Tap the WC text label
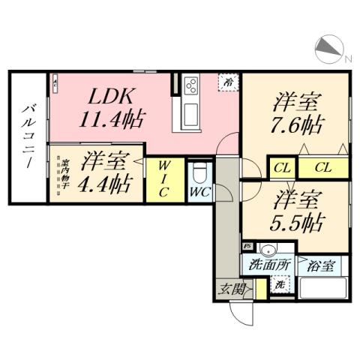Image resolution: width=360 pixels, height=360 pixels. (x=199, y=192)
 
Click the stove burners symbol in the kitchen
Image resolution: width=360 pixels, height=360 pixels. (x=189, y=85)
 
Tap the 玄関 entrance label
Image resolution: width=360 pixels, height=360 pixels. (x=229, y=289)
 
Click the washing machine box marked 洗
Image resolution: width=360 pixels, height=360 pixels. (x=278, y=284)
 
